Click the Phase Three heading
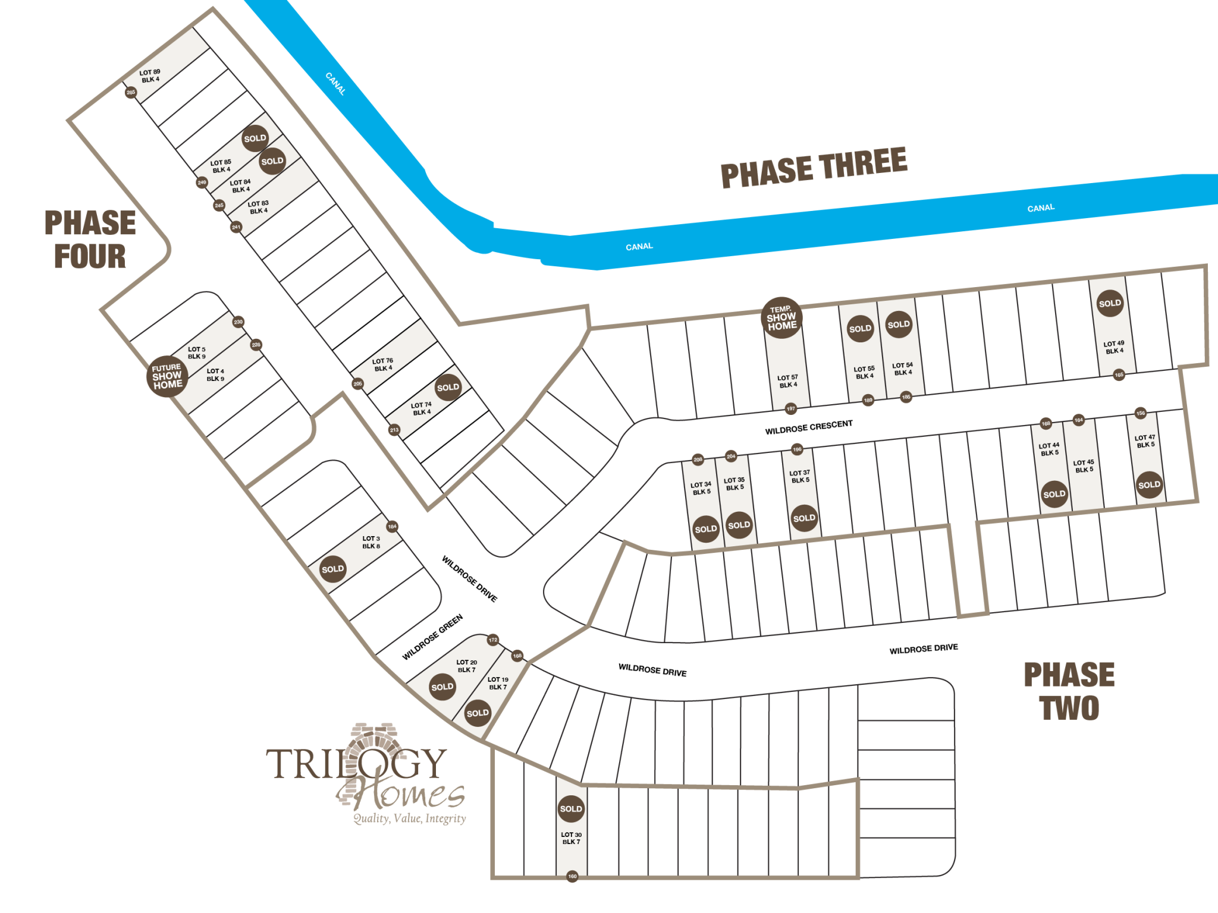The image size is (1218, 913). tap(814, 168)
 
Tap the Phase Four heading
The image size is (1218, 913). tap(90, 240)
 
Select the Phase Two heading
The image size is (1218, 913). tap(1069, 691)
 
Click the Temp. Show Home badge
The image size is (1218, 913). tap(781, 318)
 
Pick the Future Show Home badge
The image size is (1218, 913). tap(167, 376)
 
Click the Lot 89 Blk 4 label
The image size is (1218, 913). tap(150, 75)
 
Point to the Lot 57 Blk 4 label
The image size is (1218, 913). tap(787, 381)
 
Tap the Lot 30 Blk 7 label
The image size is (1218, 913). tap(571, 838)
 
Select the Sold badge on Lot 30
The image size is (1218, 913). tap(571, 808)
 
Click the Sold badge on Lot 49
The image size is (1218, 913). tap(1110, 303)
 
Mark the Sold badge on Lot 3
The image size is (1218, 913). tap(332, 569)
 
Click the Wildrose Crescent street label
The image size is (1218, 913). tap(809, 427)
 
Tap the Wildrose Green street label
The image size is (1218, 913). tap(432, 637)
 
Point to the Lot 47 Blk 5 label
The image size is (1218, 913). tap(1145, 441)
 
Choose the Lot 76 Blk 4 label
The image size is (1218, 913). tap(382, 364)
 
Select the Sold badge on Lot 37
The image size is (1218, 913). tap(804, 518)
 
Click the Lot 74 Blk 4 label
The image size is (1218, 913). tap(421, 408)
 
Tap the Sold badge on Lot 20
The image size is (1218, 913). tap(442, 687)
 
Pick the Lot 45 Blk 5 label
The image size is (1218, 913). tap(1083, 466)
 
